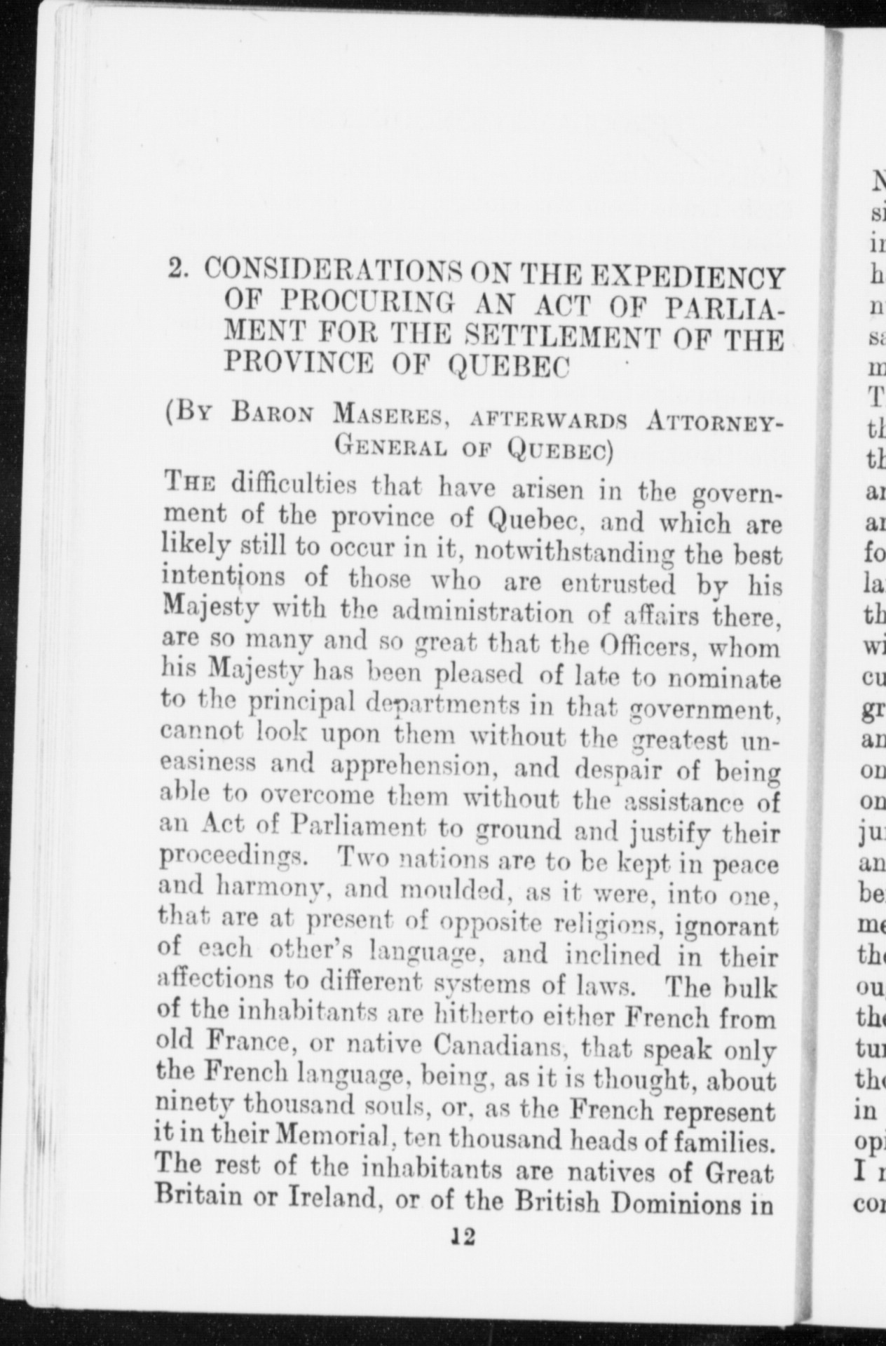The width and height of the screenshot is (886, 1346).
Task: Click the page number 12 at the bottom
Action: (463, 1238)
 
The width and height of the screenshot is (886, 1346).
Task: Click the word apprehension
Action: (415, 768)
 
